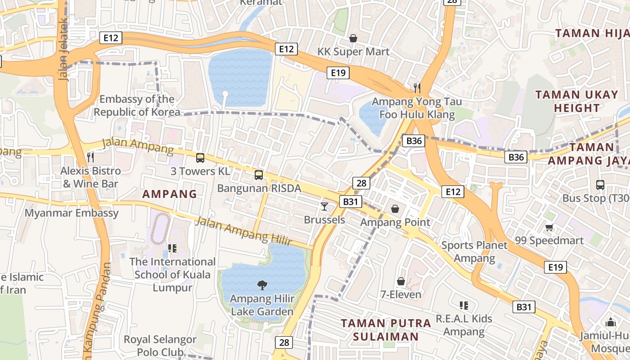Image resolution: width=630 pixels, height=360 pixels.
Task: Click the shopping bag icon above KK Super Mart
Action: [353, 38]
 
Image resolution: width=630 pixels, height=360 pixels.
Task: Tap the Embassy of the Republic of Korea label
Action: [137, 106]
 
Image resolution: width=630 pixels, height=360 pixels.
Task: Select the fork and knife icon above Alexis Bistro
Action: [90, 157]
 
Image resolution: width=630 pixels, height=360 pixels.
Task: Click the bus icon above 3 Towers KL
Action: [200, 158]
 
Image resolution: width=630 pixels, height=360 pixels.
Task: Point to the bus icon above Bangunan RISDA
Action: [259, 175]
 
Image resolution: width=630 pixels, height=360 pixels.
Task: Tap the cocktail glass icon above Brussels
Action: [324, 207]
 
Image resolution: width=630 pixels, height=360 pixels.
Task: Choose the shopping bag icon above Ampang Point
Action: [395, 209]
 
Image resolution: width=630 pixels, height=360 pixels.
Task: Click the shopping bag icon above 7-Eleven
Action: [401, 281]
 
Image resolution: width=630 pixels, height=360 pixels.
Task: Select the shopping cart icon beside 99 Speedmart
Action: [549, 227]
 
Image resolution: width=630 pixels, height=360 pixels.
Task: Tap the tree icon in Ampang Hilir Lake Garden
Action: [262, 285]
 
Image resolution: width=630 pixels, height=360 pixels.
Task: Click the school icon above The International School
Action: [172, 248]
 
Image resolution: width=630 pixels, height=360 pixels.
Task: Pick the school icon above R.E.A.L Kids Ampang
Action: [464, 306]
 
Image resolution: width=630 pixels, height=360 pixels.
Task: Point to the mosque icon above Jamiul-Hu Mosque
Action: [611, 322]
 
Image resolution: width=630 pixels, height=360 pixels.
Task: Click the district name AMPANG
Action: [170, 194]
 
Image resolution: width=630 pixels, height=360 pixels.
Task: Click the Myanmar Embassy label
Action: [72, 213]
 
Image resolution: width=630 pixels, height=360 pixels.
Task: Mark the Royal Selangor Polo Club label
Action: [160, 346]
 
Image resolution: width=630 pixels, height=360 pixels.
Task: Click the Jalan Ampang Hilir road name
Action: [243, 231]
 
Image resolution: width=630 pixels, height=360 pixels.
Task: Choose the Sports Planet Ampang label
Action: [474, 252]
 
